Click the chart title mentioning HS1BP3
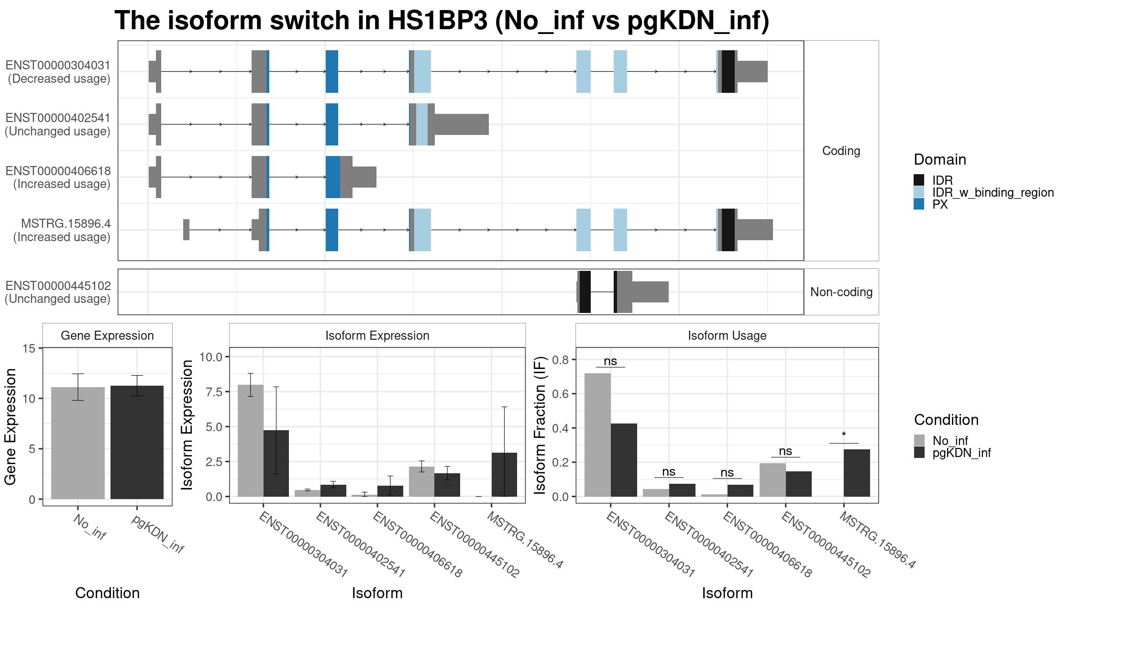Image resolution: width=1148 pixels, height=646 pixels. click(442, 21)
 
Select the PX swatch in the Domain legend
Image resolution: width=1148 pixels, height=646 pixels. click(919, 204)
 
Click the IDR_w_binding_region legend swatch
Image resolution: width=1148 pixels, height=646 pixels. click(919, 192)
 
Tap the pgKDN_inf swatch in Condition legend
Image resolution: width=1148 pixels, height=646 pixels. click(919, 453)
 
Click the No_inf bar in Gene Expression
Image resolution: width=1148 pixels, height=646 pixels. click(77, 443)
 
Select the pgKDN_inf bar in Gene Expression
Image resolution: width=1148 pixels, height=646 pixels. click(137, 442)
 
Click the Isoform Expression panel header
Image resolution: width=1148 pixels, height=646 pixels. click(377, 335)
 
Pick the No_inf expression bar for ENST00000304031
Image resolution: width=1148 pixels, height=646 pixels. click(250, 440)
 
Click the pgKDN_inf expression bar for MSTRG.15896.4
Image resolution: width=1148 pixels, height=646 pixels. click(504, 474)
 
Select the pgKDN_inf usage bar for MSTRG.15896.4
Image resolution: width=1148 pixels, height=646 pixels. click(857, 473)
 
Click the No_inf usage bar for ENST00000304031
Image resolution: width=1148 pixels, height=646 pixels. click(597, 434)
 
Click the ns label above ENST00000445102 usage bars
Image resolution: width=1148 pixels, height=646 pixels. click(785, 451)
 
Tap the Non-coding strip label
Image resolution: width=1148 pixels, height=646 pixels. click(841, 292)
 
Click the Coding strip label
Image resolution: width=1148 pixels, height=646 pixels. click(841, 151)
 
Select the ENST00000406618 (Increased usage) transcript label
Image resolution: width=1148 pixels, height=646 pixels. click(58, 178)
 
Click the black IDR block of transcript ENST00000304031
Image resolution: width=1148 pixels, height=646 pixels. click(728, 71)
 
